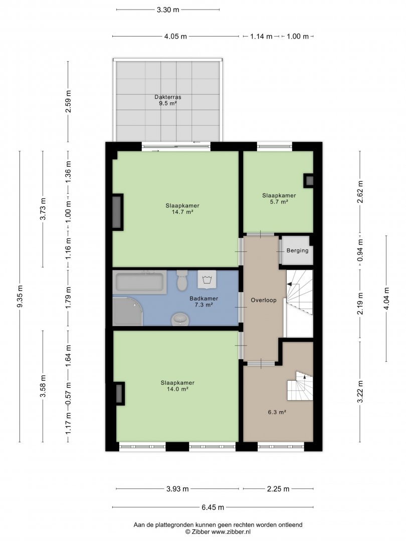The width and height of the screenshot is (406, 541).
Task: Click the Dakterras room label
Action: pos(168,97)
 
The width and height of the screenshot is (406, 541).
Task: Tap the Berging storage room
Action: pos(297,250)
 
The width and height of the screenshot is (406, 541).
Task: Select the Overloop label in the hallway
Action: pos(264,300)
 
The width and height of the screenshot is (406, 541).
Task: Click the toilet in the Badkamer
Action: pos(182,281)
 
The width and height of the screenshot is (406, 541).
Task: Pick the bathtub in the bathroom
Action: pos(140,282)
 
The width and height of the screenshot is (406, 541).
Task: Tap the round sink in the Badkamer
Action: pos(180,320)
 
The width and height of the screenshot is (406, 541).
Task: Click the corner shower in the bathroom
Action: pos(127,311)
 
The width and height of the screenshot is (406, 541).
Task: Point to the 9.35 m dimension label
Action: pos(20,296)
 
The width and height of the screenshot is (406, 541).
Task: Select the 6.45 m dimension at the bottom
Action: pos(213,507)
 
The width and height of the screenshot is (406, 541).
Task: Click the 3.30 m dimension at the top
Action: pos(168,10)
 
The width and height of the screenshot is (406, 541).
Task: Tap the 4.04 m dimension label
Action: pos(386,298)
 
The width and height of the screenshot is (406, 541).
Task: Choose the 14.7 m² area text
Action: pos(182,212)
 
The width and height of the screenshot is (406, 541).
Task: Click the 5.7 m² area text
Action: pos(279,202)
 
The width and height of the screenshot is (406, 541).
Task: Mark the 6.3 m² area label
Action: pos(277,412)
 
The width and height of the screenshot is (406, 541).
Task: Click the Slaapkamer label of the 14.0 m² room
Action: pos(177,383)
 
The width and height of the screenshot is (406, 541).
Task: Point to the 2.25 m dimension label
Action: pos(278,488)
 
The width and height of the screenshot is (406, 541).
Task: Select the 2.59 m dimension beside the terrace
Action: pos(68,101)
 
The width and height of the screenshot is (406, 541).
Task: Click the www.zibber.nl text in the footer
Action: pos(231,532)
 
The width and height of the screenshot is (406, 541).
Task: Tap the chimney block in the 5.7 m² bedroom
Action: pos(309,180)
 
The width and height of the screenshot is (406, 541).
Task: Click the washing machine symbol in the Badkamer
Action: pos(207,279)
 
